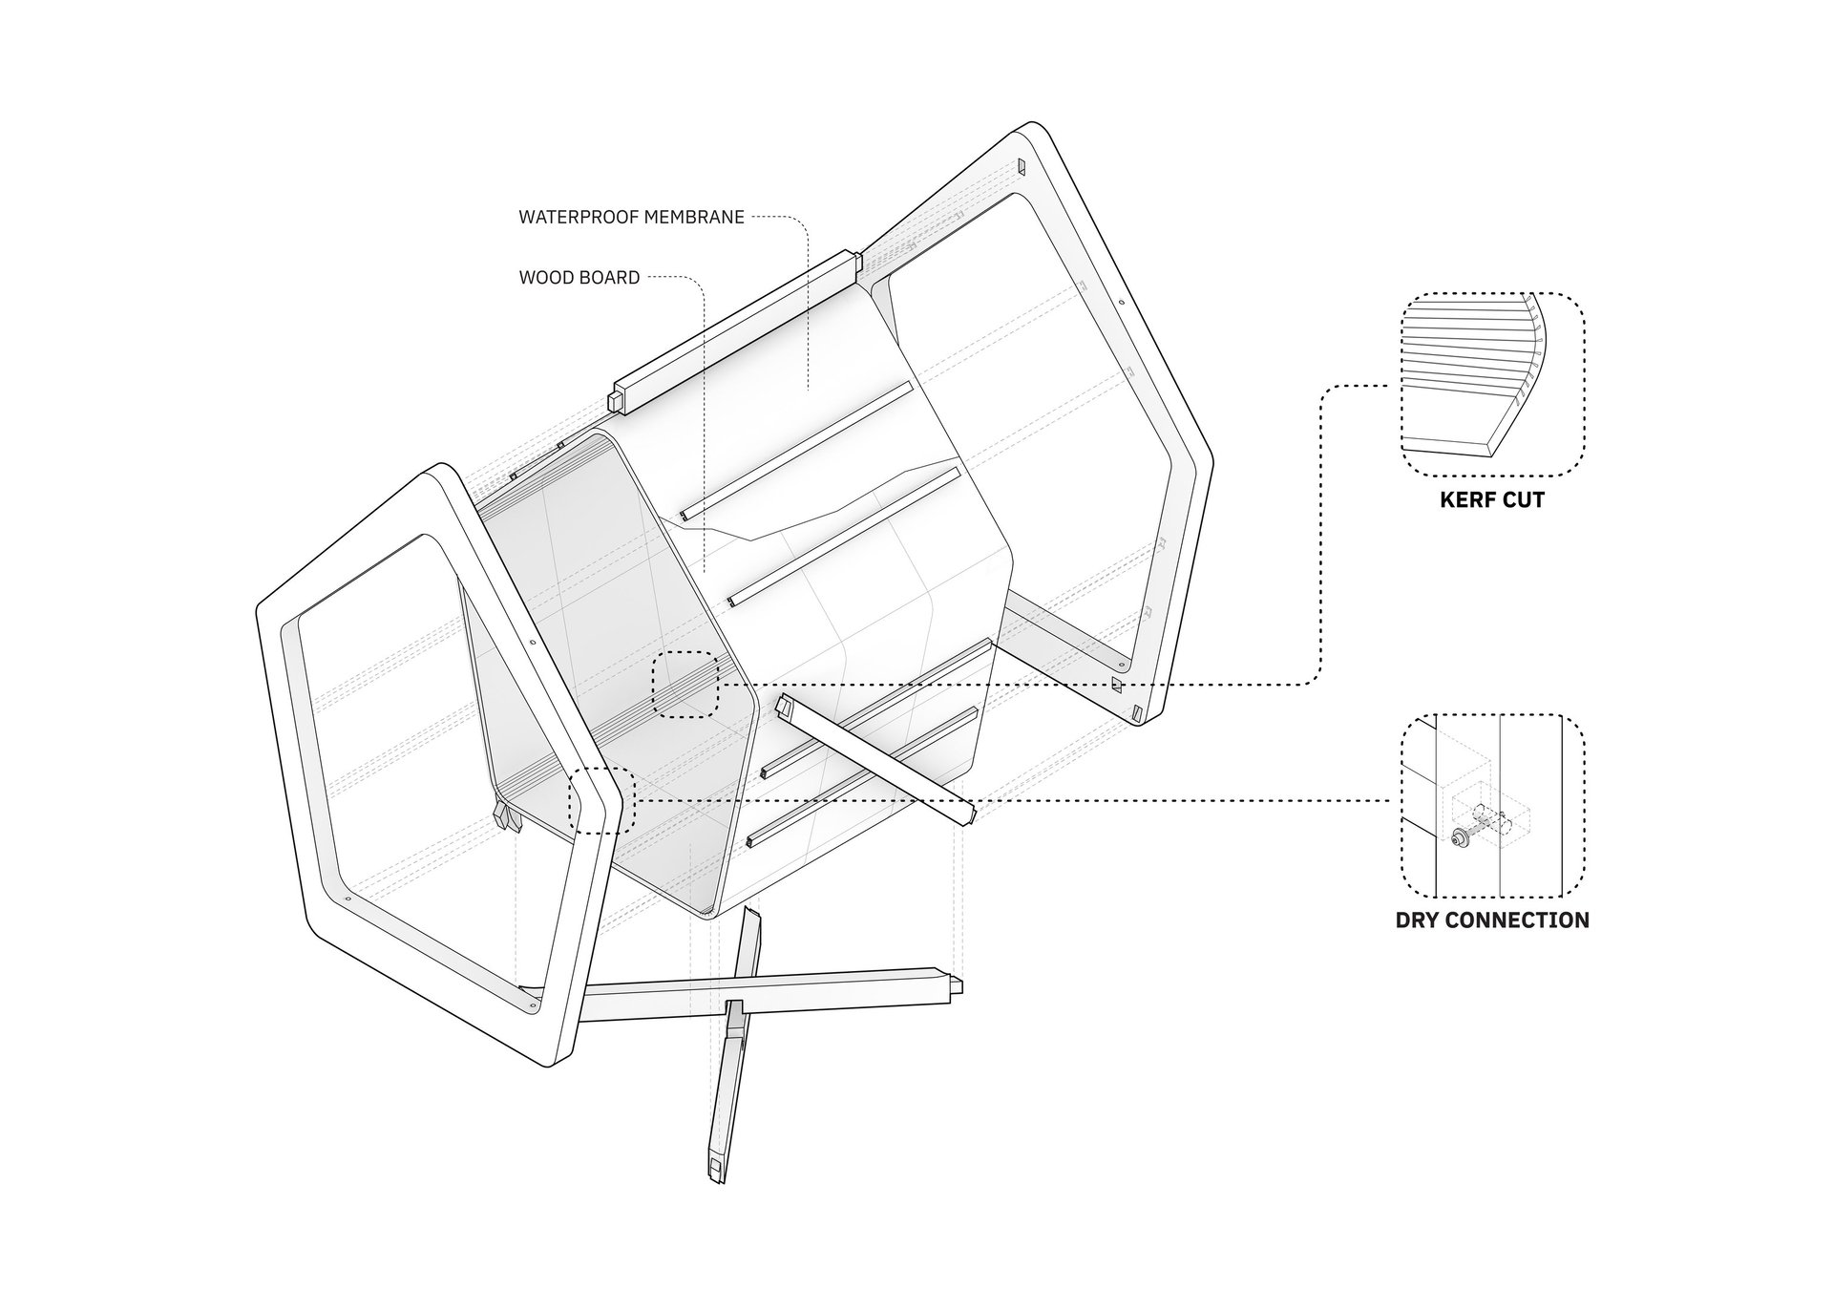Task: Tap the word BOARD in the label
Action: click(606, 278)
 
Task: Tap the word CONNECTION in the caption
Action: click(1519, 920)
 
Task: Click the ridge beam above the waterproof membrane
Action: click(735, 333)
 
